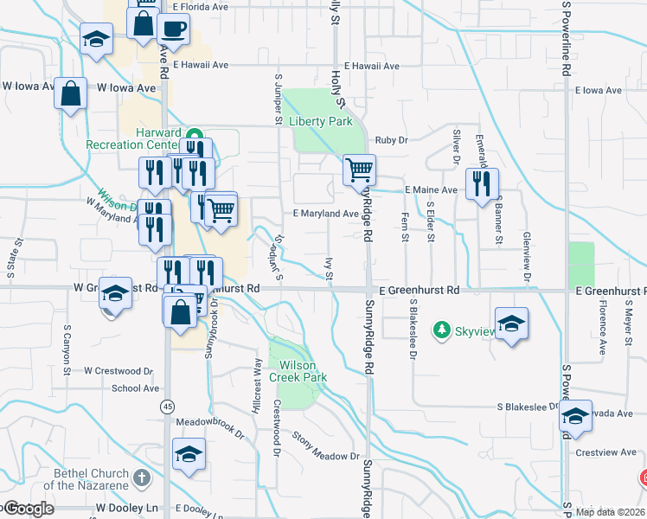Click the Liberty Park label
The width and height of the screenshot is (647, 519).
(x=322, y=122)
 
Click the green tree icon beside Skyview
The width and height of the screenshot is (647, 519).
(x=442, y=330)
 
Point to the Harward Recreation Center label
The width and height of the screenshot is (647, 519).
(x=134, y=138)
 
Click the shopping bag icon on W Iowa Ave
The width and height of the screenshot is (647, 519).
(x=71, y=92)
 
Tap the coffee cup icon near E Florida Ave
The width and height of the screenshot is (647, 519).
(x=173, y=28)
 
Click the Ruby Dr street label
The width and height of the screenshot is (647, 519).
(x=391, y=141)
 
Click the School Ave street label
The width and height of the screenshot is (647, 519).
(x=135, y=388)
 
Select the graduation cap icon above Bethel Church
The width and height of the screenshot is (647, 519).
(x=189, y=453)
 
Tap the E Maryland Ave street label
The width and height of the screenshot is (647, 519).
(x=325, y=214)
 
